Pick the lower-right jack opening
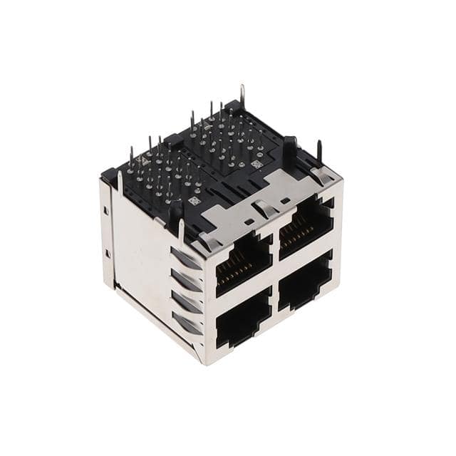(305, 281)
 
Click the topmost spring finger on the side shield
(187, 257)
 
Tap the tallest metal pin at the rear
(242, 96)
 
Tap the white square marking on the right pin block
(256, 163)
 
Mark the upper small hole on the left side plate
(106, 210)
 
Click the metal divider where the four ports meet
(275, 273)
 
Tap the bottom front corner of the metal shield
(206, 361)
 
